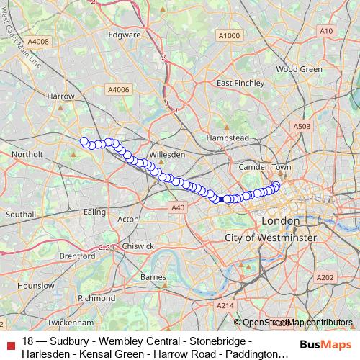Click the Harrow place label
pyautogui.click(x=60, y=96)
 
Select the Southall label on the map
pyautogui.click(x=20, y=215)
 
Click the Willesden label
pyautogui.click(x=167, y=154)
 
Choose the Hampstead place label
pyautogui.click(x=227, y=137)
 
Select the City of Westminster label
pyautogui.click(x=271, y=237)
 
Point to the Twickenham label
pyautogui.click(x=57, y=322)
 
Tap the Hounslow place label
pyautogui.click(x=31, y=286)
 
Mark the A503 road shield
pyautogui.click(x=302, y=127)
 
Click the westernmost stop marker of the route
pyautogui.click(x=84, y=141)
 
